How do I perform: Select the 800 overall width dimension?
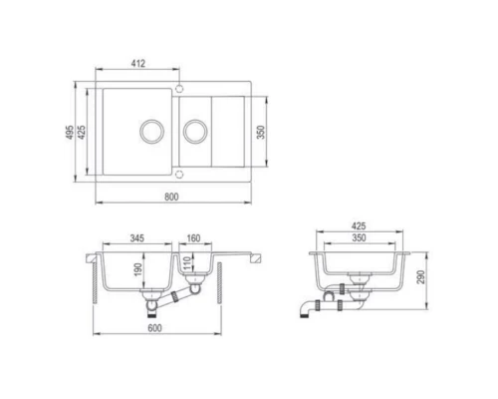[x=171, y=196]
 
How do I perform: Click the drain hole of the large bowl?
[x=150, y=131]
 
